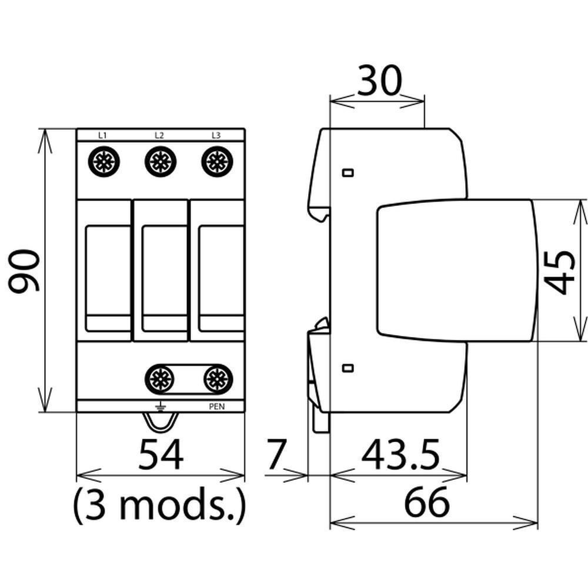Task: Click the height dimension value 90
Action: coord(24,270)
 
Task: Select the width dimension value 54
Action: coord(161,455)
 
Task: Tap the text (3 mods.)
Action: coord(159,505)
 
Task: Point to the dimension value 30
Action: coord(379,80)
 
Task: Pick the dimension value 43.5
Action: coord(400,455)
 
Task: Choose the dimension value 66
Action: coord(426,502)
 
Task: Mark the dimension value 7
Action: coord(276,455)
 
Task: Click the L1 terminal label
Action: coord(102,135)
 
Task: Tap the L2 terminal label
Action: coord(159,135)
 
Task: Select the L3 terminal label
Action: coord(216,135)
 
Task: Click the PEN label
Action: coord(217,406)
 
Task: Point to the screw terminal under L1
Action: coord(104,162)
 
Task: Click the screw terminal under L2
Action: coord(161,162)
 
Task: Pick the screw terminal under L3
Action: coord(217,162)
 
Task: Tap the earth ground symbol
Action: coord(160,407)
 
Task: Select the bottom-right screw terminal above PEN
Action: coord(218,379)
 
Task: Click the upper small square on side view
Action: coord(348,173)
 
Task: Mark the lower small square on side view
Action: coord(348,368)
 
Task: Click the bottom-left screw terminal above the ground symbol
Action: coord(160,379)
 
